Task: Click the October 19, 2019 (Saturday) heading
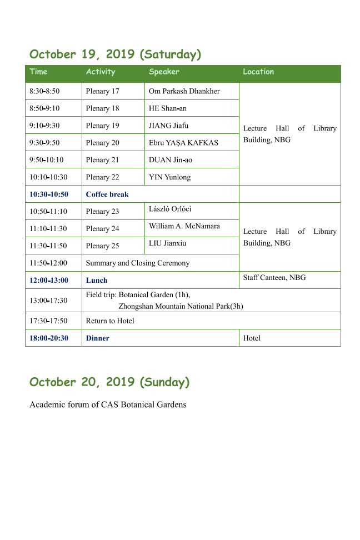pos(115,54)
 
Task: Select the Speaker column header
pos(164,72)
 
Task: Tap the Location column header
pos(258,72)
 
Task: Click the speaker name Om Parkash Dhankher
pos(184,91)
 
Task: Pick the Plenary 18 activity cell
pos(103,108)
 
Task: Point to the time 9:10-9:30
pos(44,126)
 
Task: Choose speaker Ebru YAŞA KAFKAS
pos(183,143)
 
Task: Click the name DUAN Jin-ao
pos(171,160)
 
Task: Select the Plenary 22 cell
pos(103,177)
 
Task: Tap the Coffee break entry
pos(107,194)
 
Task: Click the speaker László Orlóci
pos(170,209)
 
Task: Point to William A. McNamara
pos(184,226)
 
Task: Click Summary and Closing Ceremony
pos(138,263)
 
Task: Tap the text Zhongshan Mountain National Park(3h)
pos(181,306)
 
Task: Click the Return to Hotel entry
pos(110,321)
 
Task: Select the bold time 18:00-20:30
pos(49,338)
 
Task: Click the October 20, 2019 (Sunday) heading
pos(109,382)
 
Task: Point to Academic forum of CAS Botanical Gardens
pos(108,404)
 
